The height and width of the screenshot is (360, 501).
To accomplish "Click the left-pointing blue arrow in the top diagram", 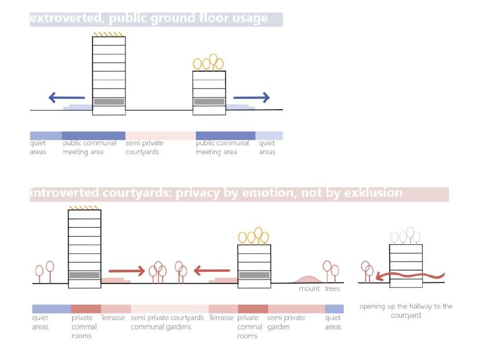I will point(66,97).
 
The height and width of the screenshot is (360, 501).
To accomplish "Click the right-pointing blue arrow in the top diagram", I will point(251,97).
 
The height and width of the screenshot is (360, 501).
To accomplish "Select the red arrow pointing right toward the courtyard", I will point(127,271).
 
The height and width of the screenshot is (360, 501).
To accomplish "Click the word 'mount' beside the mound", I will point(309,288).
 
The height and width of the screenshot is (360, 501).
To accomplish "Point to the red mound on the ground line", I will point(308,279).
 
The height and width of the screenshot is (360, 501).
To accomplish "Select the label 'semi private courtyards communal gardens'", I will point(167,322).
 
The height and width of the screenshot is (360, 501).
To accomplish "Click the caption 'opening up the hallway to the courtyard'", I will point(406,311).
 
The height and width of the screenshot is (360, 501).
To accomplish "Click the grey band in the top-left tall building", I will point(109,102).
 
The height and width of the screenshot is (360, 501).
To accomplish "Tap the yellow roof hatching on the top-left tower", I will point(109,35).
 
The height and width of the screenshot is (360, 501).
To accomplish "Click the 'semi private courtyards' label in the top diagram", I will point(144,147).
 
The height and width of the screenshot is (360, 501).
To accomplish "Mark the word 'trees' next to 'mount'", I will point(332,288).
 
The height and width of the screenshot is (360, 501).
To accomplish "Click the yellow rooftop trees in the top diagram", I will point(209,63).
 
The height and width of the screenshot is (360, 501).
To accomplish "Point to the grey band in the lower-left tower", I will point(84,275).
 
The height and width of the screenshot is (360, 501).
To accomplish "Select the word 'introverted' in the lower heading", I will point(64,193).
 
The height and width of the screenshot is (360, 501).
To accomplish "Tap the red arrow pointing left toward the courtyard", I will point(212,271).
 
